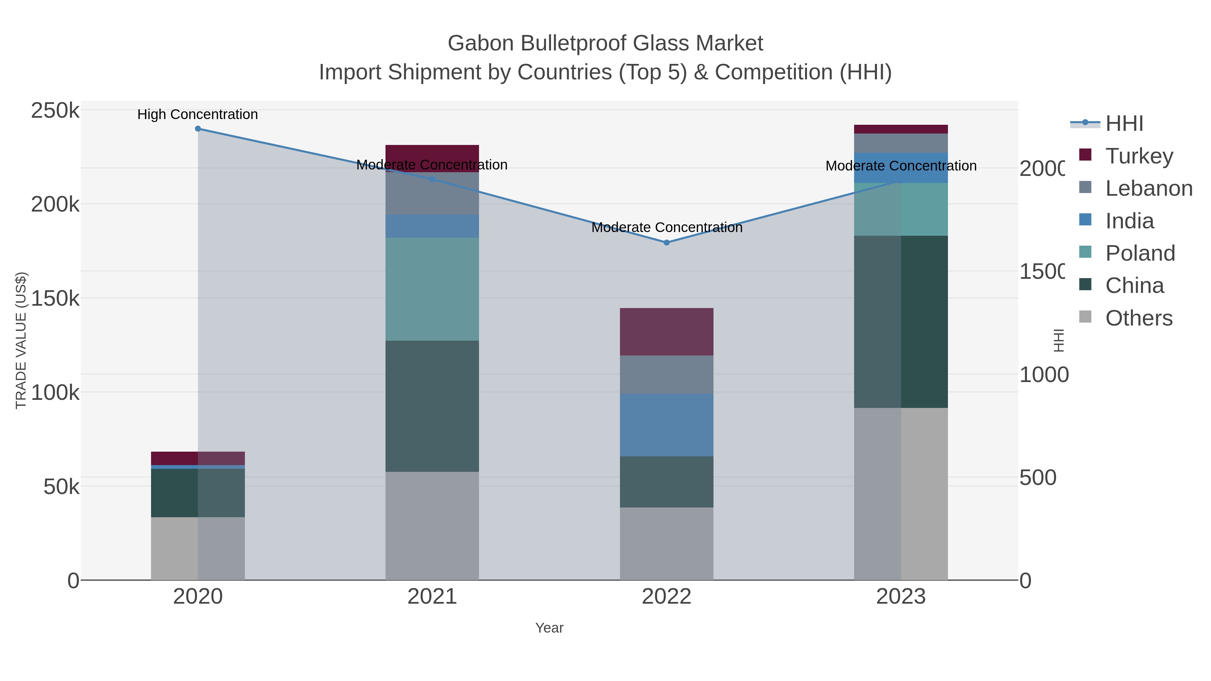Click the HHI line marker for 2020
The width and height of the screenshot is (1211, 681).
tap(198, 129)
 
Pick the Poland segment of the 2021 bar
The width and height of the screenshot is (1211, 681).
tap(432, 289)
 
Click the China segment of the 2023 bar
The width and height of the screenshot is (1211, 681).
tap(901, 321)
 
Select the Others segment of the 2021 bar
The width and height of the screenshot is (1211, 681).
tap(432, 525)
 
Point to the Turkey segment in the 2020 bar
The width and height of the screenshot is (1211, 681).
tap(198, 458)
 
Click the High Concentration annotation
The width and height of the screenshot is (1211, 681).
tap(197, 114)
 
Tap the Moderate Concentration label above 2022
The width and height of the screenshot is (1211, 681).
tap(667, 227)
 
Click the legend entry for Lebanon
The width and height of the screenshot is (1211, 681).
tap(1148, 188)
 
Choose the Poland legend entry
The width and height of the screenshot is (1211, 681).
tap(1140, 253)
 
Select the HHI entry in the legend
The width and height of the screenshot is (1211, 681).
tap(1124, 124)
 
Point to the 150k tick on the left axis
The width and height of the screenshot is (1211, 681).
tap(55, 298)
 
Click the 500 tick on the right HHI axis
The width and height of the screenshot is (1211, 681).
tap(1037, 478)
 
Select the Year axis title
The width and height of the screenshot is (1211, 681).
tap(549, 628)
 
